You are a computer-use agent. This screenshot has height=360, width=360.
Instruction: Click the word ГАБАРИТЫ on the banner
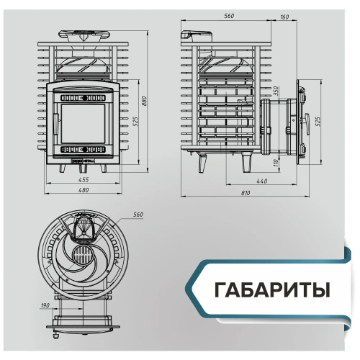pyautogui.click(x=272, y=289)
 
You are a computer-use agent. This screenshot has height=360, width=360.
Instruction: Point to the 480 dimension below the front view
pyautogui.click(x=84, y=190)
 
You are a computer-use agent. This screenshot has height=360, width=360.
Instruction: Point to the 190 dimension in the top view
pyautogui.click(x=45, y=306)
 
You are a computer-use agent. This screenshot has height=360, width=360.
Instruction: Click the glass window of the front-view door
pyautogui.click(x=84, y=122)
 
